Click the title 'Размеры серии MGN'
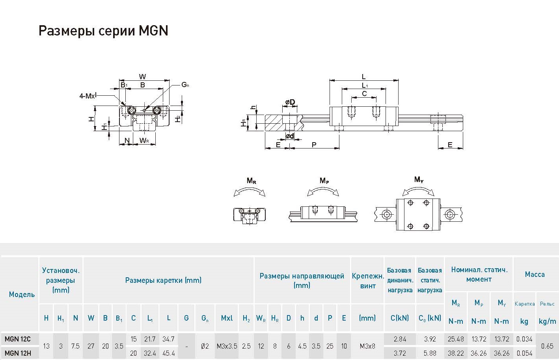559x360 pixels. click(103, 31)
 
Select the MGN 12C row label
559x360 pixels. click(18, 339)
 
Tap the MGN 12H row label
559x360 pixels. click(18, 353)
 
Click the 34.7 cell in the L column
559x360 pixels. click(168, 339)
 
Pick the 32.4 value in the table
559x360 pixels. click(150, 353)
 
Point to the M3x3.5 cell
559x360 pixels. click(227, 346)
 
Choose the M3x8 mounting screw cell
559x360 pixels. click(367, 346)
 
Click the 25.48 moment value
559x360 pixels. click(456, 339)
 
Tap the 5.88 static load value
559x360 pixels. click(430, 353)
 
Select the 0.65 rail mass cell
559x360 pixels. click(547, 346)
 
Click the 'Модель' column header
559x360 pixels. click(22, 294)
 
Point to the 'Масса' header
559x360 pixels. click(535, 275)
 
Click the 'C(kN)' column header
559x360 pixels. click(400, 318)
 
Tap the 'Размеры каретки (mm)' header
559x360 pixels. click(163, 280)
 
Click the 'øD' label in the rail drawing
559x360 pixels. click(290, 102)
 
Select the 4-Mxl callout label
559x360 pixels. click(88, 96)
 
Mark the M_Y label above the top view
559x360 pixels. click(419, 180)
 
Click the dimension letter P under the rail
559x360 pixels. click(314, 145)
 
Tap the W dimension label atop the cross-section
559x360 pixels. click(143, 77)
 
